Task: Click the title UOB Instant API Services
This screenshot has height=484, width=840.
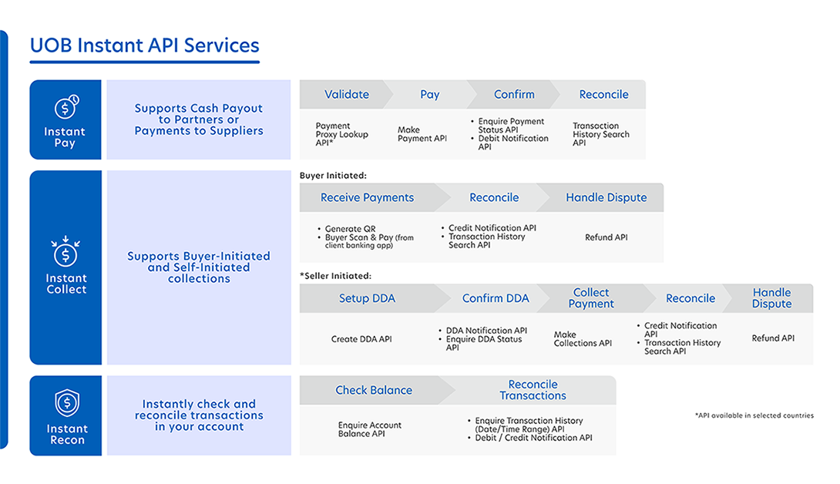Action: (x=145, y=45)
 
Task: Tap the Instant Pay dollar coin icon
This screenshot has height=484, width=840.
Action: (x=66, y=106)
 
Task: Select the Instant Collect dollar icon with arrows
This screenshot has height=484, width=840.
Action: (x=66, y=250)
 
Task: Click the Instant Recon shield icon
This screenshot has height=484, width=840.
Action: (x=67, y=403)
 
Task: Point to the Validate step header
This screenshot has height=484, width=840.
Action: (x=347, y=94)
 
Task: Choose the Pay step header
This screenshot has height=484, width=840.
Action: (x=430, y=95)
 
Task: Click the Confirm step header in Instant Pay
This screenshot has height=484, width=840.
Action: (x=514, y=94)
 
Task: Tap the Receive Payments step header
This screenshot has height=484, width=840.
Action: (x=367, y=198)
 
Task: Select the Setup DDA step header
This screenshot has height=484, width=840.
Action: (x=367, y=298)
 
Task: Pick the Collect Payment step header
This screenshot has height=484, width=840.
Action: (x=591, y=298)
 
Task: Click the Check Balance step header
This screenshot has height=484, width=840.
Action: (x=374, y=390)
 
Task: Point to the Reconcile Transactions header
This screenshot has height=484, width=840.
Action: (x=533, y=390)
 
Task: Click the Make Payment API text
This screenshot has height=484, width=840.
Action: (x=422, y=134)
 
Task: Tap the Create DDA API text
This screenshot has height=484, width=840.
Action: (x=361, y=339)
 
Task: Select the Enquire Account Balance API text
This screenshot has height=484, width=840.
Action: (x=370, y=429)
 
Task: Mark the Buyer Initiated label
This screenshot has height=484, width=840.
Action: (x=333, y=175)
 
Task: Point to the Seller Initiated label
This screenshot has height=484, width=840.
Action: (x=335, y=276)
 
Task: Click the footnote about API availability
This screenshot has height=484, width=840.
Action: (x=754, y=415)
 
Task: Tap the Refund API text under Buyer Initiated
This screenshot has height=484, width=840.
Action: (x=606, y=237)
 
